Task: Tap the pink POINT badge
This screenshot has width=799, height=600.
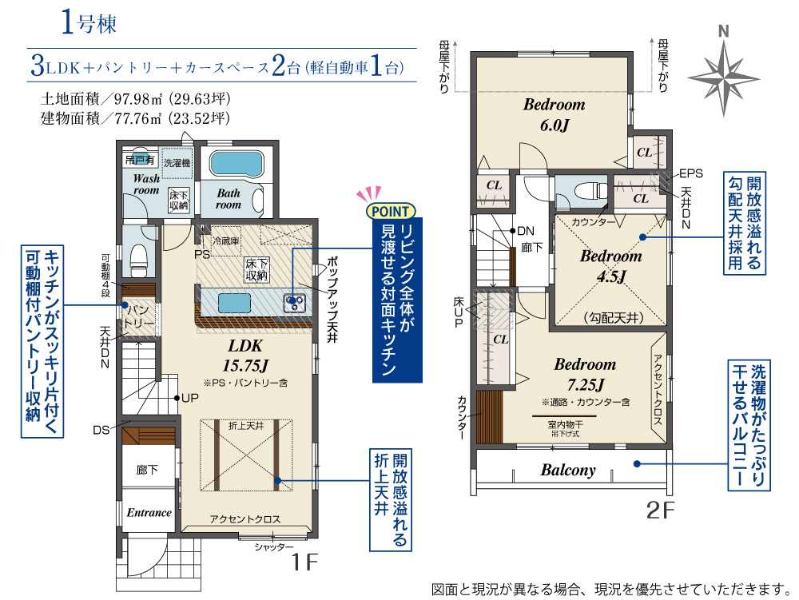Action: coord(391,211)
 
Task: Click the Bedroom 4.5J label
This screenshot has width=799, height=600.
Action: coord(610,266)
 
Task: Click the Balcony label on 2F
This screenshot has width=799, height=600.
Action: coord(568,470)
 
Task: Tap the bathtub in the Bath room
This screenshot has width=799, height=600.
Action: coord(237,164)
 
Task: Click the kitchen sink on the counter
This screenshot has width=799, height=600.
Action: coord(294,303)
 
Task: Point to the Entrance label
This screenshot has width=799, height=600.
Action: coord(149,512)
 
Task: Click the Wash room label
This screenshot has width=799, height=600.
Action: coord(145,185)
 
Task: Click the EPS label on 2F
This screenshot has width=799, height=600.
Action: coord(691,173)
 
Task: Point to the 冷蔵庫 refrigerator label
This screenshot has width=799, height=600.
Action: coord(226,239)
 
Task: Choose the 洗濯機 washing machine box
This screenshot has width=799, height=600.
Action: coord(177,163)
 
